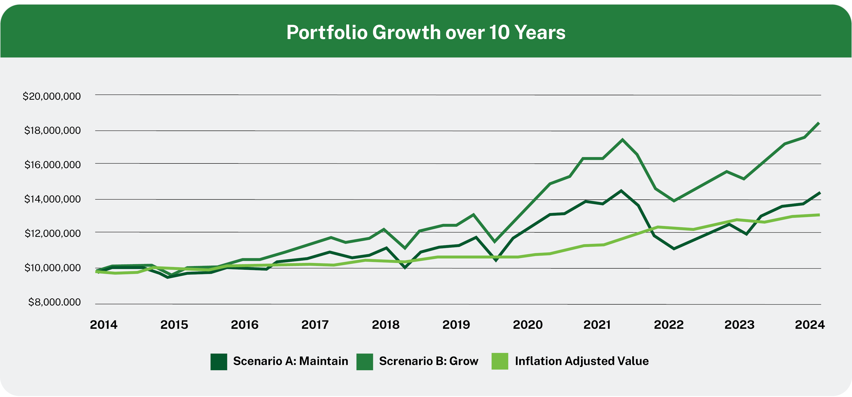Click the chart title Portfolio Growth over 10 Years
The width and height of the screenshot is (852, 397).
tap(426, 32)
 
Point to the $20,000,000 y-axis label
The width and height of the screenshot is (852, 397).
tap(52, 96)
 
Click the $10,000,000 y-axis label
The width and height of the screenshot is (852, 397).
tap(52, 268)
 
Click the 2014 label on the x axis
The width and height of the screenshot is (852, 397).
tap(103, 325)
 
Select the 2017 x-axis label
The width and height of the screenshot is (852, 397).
tap(315, 325)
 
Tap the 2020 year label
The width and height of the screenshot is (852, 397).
tap(528, 325)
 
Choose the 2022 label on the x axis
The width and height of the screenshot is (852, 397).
tap(668, 325)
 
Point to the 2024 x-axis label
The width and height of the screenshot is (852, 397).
tap(810, 325)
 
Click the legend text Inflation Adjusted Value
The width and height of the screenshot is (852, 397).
tap(581, 361)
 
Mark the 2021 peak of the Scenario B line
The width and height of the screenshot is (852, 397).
tap(622, 140)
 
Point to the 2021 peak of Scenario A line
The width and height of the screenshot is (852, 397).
tap(621, 191)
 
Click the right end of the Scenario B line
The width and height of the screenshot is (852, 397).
tap(819, 123)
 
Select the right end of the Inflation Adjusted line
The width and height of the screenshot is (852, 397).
tap(819, 215)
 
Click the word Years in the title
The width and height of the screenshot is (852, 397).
tap(540, 32)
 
